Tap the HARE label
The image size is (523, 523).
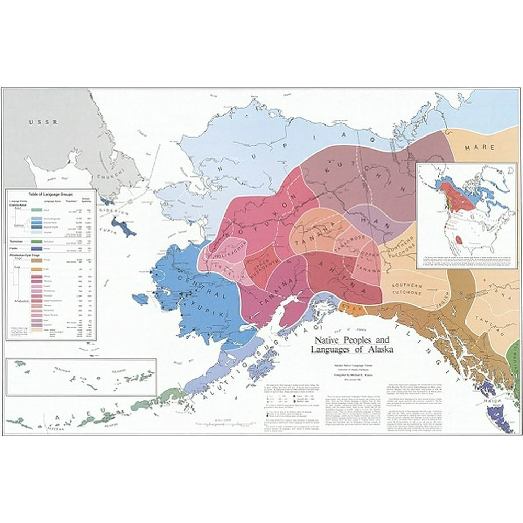pos(480,148)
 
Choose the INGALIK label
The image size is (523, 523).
pos(223,267)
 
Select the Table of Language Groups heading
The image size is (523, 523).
pos(50,194)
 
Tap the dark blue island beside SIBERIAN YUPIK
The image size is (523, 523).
pos(123,229)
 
